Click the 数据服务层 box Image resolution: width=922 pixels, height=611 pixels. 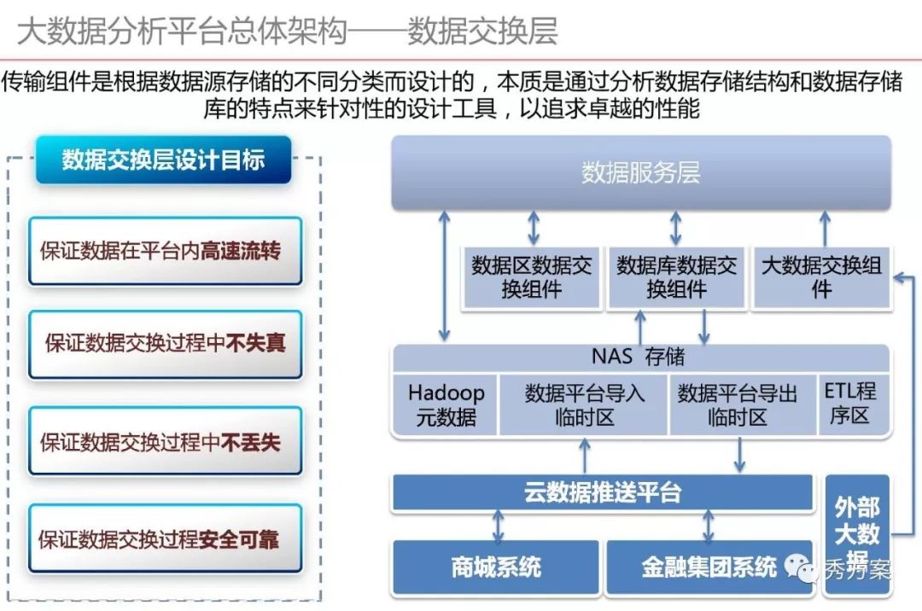coord(640,172)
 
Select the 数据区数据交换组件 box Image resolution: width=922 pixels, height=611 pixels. coord(531,277)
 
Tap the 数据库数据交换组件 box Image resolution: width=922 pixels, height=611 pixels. coord(676,277)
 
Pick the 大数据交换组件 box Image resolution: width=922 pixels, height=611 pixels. coord(820,277)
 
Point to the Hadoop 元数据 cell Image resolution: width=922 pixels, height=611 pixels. coord(446,404)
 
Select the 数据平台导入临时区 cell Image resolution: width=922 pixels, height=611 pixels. coord(584,404)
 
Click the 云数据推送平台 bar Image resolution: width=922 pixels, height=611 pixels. coord(603,492)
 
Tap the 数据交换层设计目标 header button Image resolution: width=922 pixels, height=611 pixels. coord(163,160)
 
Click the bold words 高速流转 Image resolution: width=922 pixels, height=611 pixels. coord(240,251)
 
